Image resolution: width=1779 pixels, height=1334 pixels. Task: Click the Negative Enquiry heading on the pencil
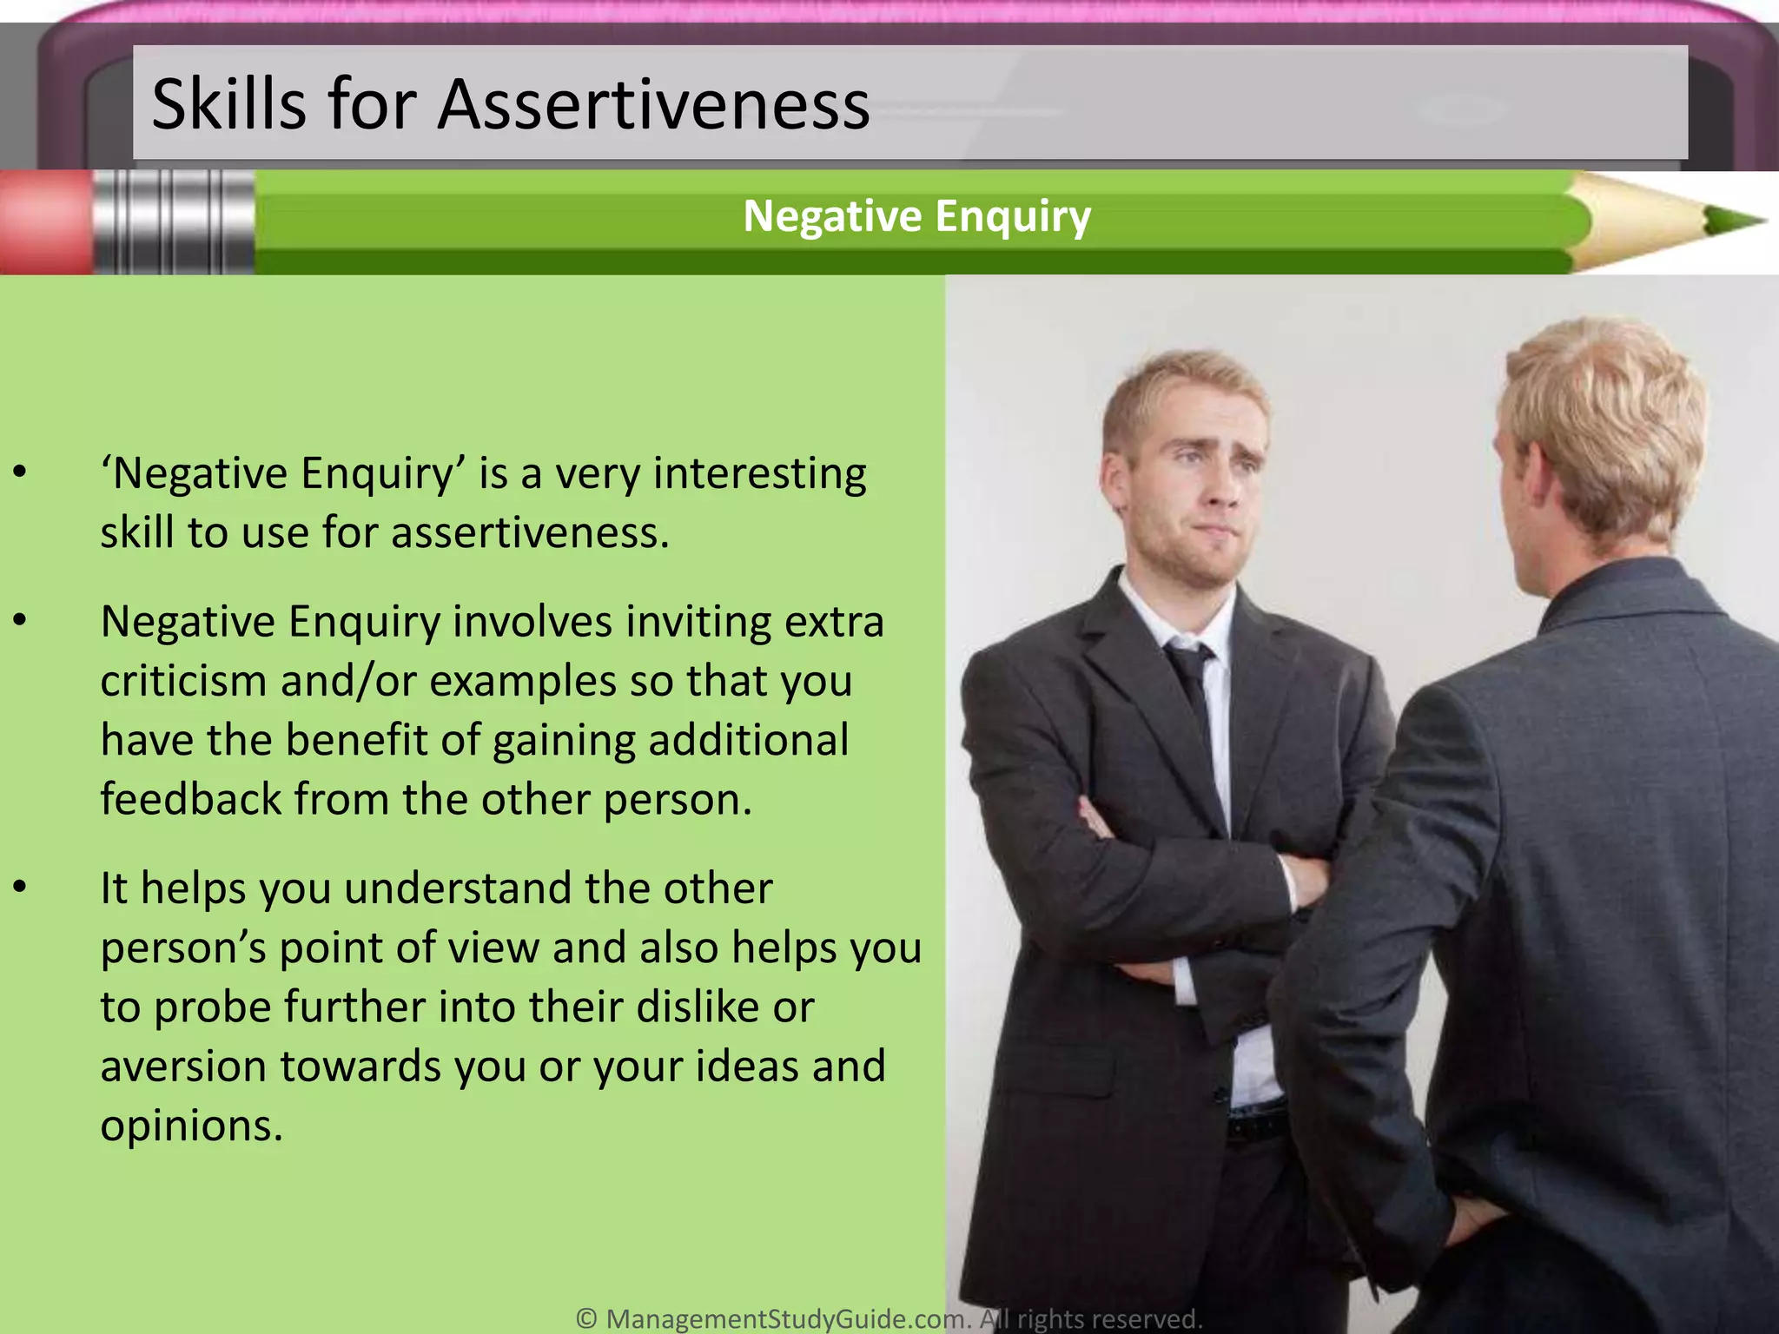(x=916, y=215)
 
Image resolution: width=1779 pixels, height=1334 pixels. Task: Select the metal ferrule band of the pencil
(x=174, y=222)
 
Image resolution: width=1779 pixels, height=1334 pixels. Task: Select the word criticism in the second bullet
(x=183, y=681)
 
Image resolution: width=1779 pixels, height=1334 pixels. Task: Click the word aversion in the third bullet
(x=183, y=1067)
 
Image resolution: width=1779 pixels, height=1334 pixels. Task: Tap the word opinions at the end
(x=191, y=1126)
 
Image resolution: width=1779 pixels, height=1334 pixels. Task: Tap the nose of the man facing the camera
(x=1223, y=491)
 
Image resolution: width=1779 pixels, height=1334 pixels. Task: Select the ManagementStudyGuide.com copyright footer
(x=889, y=1318)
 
